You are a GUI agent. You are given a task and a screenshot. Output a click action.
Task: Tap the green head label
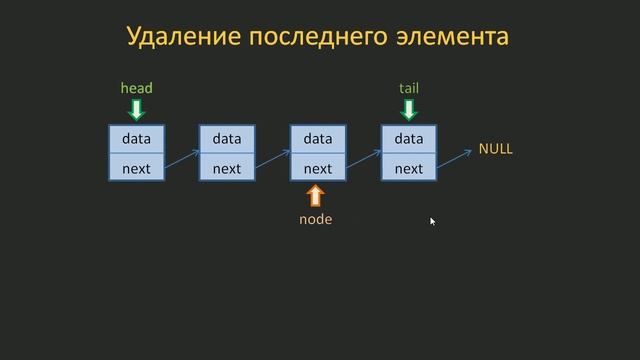pyautogui.click(x=137, y=88)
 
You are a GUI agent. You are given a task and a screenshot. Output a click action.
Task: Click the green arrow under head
pyautogui.click(x=137, y=108)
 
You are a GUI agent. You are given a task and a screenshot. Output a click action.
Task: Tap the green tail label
pyautogui.click(x=409, y=88)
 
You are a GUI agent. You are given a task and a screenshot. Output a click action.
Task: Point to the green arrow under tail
pyautogui.click(x=409, y=108)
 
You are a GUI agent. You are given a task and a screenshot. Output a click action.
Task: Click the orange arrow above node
pyautogui.click(x=316, y=195)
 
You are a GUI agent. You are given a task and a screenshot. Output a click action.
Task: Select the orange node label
pyautogui.click(x=316, y=219)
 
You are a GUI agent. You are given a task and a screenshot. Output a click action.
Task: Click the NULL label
pyautogui.click(x=495, y=149)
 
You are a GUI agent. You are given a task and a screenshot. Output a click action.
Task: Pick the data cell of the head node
pyautogui.click(x=137, y=139)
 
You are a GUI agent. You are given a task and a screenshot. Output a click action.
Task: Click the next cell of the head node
pyautogui.click(x=137, y=168)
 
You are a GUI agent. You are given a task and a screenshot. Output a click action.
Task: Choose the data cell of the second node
pyautogui.click(x=227, y=139)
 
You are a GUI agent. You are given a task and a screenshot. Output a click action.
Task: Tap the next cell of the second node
pyautogui.click(x=227, y=168)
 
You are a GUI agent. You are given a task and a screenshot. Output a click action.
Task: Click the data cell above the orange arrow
pyautogui.click(x=318, y=139)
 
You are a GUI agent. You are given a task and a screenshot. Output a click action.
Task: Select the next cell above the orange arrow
pyautogui.click(x=318, y=168)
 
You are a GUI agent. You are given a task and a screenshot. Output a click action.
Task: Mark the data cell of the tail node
pyautogui.click(x=409, y=139)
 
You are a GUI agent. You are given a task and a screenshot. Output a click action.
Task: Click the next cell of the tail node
pyautogui.click(x=409, y=168)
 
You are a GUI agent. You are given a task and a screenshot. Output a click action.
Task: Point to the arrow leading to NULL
pyautogui.click(x=455, y=158)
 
